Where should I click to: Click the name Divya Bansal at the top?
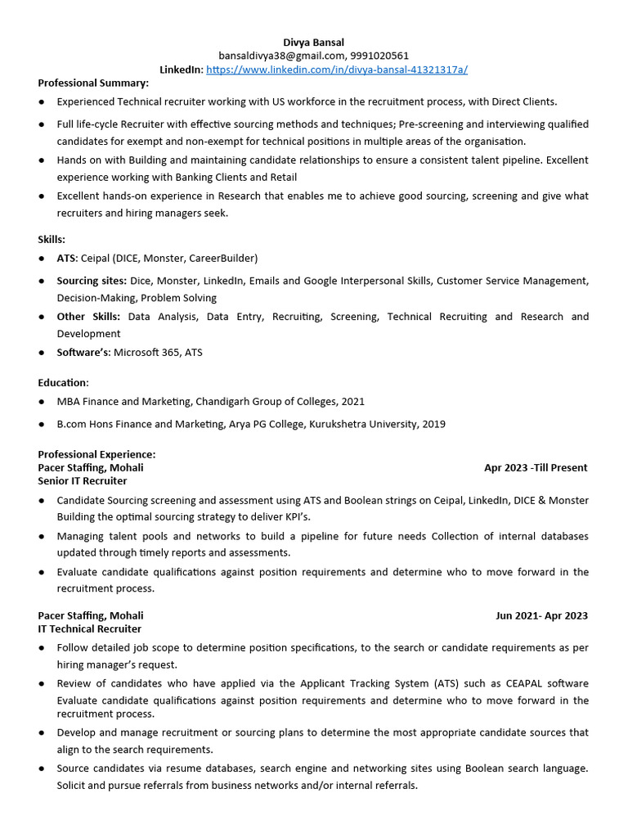[313, 42]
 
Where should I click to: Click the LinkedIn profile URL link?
[337, 70]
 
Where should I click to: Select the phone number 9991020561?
[379, 56]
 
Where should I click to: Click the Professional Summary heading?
[93, 83]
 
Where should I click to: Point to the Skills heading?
[52, 239]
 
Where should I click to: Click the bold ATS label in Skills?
[66, 258]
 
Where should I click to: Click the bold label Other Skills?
[88, 316]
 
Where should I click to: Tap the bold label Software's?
[83, 352]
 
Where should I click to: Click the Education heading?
[63, 382]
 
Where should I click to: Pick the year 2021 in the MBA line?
[352, 401]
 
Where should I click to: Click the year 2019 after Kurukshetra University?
[433, 424]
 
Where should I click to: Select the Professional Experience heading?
[96, 454]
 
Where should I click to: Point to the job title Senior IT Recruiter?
[83, 480]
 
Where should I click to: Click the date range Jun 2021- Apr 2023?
[541, 615]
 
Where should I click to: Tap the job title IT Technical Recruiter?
[90, 628]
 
